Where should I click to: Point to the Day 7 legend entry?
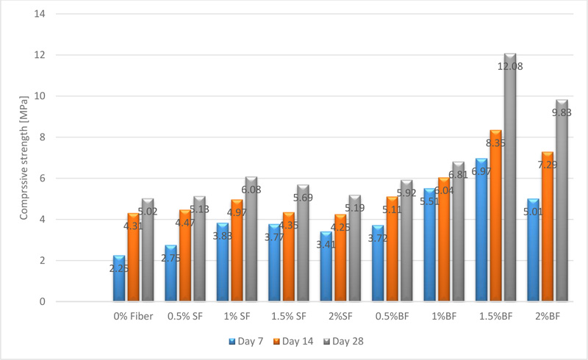tap(245, 341)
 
